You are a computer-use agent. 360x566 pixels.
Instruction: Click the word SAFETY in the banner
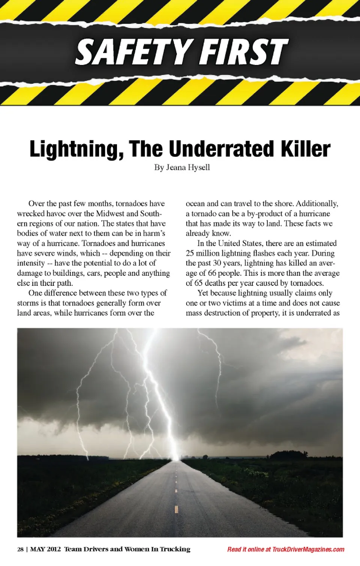133,52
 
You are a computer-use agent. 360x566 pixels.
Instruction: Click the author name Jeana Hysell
188,167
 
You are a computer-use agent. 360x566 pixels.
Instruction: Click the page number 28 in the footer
20,549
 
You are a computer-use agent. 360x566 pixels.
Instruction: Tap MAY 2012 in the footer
45,549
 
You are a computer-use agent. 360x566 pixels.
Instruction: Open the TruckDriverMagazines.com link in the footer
308,549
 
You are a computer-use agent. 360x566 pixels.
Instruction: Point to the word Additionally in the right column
317,203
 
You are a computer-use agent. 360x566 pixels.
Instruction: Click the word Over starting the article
36,203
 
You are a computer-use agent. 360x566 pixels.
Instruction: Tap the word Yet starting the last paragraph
203,293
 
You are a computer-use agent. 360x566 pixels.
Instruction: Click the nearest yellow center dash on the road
176,509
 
